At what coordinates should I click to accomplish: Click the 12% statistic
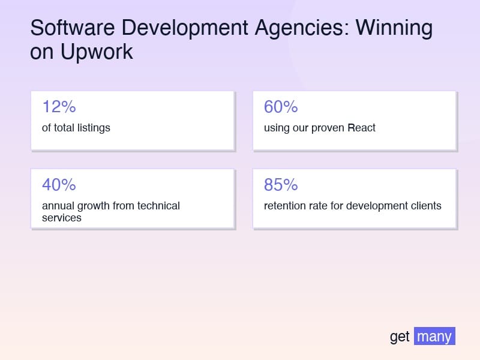coord(59,107)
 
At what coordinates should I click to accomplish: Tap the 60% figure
coord(281,107)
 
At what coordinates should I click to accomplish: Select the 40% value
coord(59,185)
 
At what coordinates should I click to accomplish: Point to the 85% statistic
coord(281,185)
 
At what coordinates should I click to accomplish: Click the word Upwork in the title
coord(96,52)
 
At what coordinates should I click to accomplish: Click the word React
coord(361,128)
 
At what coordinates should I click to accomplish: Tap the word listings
coord(94,128)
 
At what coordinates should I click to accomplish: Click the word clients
coord(424,206)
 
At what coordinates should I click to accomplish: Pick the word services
coord(61,217)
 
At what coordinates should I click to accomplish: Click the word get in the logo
coord(400,337)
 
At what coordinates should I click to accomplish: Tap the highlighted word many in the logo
coord(434,337)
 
